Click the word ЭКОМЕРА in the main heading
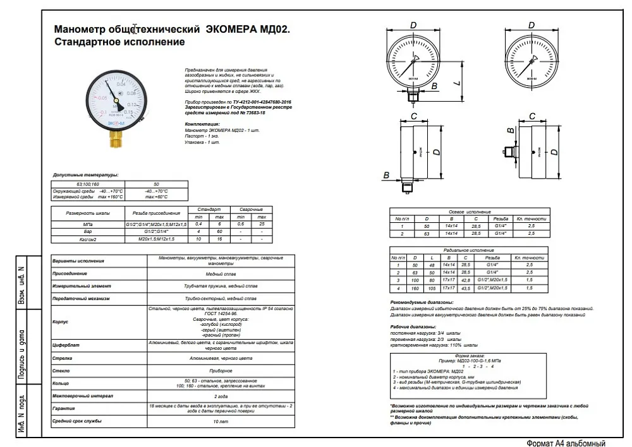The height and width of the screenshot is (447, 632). pos(232,29)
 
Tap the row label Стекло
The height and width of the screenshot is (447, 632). pos(61,370)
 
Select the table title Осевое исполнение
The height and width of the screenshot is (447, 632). pos(470,212)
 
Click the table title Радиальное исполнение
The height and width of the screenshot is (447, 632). pos(470,251)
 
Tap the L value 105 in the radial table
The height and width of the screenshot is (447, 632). pos(431,288)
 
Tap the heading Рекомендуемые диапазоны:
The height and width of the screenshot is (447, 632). pos(422,302)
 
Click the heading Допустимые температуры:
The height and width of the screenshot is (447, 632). pos(85,175)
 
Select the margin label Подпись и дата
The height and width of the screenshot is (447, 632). pos(21,353)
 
